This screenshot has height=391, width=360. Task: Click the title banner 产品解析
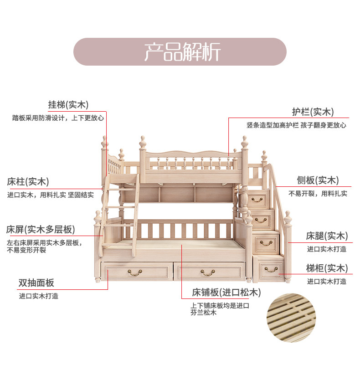(x=180, y=51)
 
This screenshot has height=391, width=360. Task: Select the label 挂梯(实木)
(x=68, y=105)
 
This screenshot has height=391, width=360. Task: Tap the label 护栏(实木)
(x=313, y=112)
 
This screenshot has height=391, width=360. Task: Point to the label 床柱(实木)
(x=28, y=181)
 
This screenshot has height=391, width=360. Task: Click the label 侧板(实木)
(x=318, y=180)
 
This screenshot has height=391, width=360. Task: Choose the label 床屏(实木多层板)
(x=41, y=229)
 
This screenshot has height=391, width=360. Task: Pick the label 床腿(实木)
(x=327, y=236)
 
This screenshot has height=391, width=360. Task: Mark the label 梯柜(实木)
(x=327, y=268)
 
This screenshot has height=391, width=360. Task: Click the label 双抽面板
(x=36, y=283)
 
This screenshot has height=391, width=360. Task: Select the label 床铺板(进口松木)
(x=226, y=292)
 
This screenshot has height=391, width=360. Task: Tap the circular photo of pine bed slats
(x=291, y=318)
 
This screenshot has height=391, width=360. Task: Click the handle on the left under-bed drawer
(x=135, y=273)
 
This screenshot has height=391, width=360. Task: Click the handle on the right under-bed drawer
(x=208, y=273)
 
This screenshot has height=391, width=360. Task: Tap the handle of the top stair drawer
(x=257, y=200)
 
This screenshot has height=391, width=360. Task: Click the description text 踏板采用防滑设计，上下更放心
(x=58, y=118)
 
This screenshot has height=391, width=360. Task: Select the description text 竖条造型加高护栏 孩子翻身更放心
(x=296, y=125)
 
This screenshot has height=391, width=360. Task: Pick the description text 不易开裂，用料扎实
(x=318, y=194)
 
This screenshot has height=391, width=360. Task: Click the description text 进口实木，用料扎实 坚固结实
(x=51, y=195)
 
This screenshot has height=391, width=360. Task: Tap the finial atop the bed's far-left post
(x=104, y=142)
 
